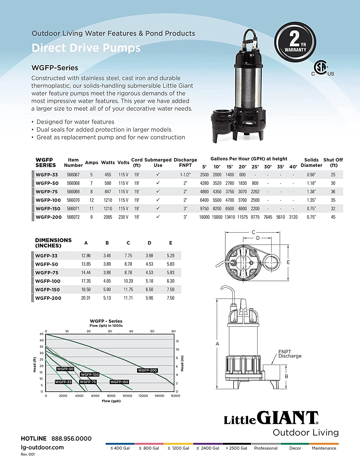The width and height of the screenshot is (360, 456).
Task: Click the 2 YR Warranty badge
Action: (295, 42)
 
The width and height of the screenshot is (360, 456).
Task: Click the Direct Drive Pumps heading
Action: (86, 48)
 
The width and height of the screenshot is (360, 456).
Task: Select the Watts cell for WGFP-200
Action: (108, 217)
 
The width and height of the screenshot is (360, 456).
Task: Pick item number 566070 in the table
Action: (73, 200)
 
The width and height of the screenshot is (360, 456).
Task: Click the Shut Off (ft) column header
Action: (333, 163)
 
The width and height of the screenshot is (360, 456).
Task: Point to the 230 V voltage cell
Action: (123, 217)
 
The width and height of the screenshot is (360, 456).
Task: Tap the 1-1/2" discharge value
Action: (185, 174)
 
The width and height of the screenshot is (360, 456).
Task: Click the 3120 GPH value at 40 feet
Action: (293, 217)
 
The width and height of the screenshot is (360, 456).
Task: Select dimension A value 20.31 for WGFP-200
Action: (86, 298)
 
